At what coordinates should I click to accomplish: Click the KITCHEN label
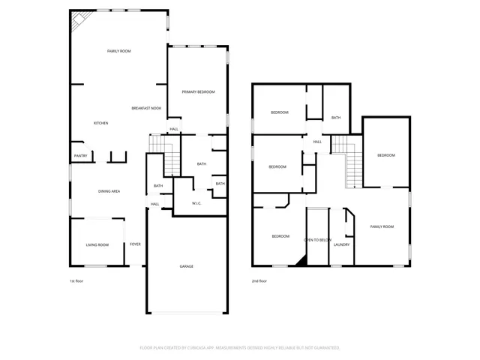pos(101,123)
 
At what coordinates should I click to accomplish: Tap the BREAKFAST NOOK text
pos(146,108)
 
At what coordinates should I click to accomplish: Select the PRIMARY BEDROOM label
pos(198,91)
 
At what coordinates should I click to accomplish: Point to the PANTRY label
pos(81,156)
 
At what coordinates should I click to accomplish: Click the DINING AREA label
pos(109,191)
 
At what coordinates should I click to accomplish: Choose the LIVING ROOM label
pos(97,244)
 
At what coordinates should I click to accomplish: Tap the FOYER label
pos(135,244)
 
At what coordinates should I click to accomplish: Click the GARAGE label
pos(186,266)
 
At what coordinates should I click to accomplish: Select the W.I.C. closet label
pos(196,203)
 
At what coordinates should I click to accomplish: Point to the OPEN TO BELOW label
pos(317,240)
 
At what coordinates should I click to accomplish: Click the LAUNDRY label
pos(341,244)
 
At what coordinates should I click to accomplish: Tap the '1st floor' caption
pos(76,280)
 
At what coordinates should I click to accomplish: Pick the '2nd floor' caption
pos(259,280)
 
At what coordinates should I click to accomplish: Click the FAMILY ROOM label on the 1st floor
pos(118,51)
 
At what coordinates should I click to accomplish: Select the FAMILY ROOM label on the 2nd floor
pos(382,226)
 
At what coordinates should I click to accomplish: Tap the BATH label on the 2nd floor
pos(336,118)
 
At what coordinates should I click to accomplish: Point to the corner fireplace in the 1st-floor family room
pos(78,22)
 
